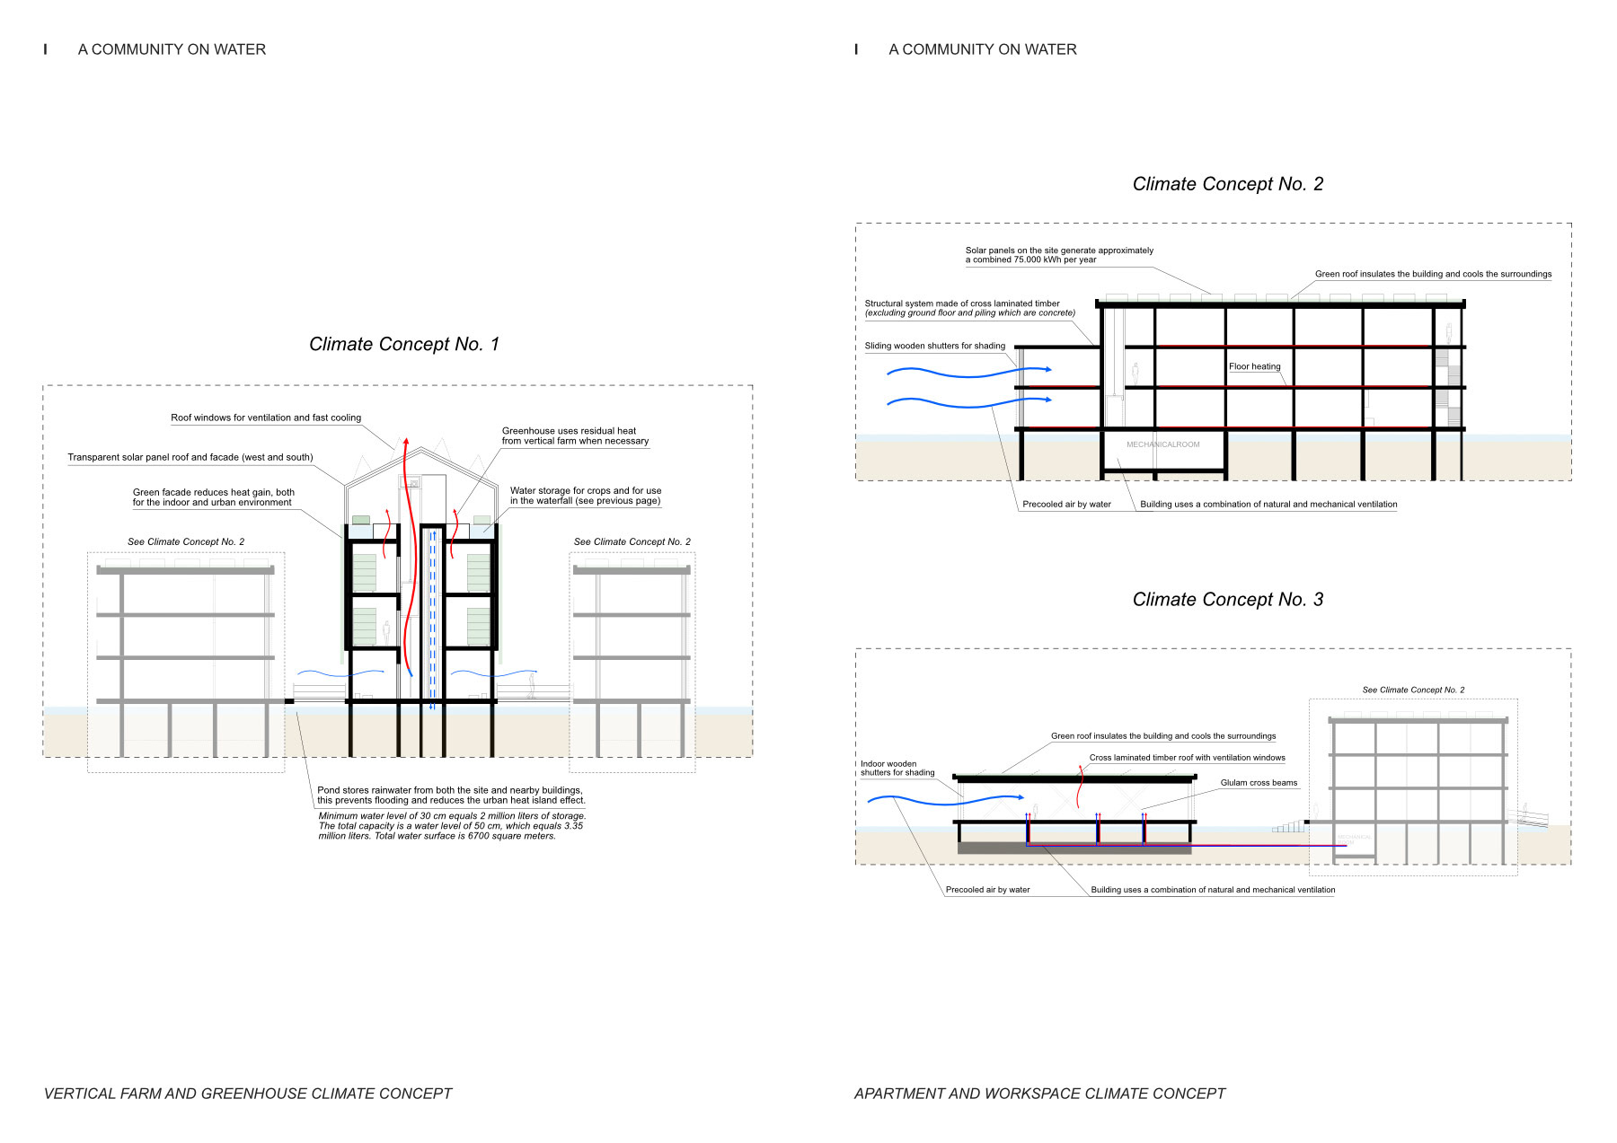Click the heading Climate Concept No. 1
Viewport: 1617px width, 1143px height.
coord(403,345)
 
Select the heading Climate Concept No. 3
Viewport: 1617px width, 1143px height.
coord(1227,600)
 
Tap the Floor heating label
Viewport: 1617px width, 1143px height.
coord(1254,366)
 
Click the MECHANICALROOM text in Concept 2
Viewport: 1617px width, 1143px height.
coord(1162,444)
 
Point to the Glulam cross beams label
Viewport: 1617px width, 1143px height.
coord(1259,783)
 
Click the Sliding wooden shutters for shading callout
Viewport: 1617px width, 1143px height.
coord(934,346)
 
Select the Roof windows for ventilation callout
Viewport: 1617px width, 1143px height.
coord(266,418)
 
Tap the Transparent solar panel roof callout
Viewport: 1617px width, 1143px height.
coord(190,457)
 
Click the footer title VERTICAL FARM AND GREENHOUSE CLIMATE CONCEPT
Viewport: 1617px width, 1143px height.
coord(248,1094)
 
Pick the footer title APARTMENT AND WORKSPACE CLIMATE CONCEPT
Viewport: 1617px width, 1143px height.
coord(1039,1094)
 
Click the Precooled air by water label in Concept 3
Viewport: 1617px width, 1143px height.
coord(987,890)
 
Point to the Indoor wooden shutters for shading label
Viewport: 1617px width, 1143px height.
coord(897,769)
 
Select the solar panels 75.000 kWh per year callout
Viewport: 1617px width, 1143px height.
coord(1059,255)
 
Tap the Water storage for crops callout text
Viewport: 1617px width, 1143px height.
coord(586,496)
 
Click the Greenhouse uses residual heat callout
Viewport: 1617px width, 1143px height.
coord(575,435)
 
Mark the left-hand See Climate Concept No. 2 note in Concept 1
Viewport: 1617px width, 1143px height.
coord(186,541)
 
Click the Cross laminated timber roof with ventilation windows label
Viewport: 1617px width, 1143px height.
coord(1187,758)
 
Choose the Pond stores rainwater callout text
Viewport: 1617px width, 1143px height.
coord(451,796)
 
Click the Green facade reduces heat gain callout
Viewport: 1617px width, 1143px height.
coord(213,497)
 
